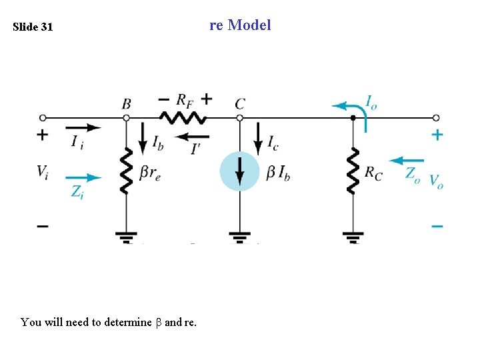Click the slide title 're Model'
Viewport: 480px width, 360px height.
(240, 25)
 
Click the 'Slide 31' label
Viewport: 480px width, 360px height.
(33, 27)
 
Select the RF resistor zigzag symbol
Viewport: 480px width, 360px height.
(183, 117)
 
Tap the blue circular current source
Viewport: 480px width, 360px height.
(239, 171)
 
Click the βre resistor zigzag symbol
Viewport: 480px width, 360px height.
(126, 171)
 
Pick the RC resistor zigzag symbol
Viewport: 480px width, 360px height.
(353, 171)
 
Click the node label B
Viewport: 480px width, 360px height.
(126, 103)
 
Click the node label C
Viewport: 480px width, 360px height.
(240, 103)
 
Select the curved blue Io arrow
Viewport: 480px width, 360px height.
(350, 108)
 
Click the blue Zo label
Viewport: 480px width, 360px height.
(413, 174)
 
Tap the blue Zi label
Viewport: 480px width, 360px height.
(78, 192)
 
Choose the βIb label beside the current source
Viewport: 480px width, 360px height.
(278, 173)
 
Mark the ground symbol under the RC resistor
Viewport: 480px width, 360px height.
(353, 236)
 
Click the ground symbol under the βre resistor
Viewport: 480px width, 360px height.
(126, 236)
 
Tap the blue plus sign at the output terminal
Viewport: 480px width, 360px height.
(437, 135)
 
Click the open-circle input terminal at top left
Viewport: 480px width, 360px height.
(43, 117)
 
